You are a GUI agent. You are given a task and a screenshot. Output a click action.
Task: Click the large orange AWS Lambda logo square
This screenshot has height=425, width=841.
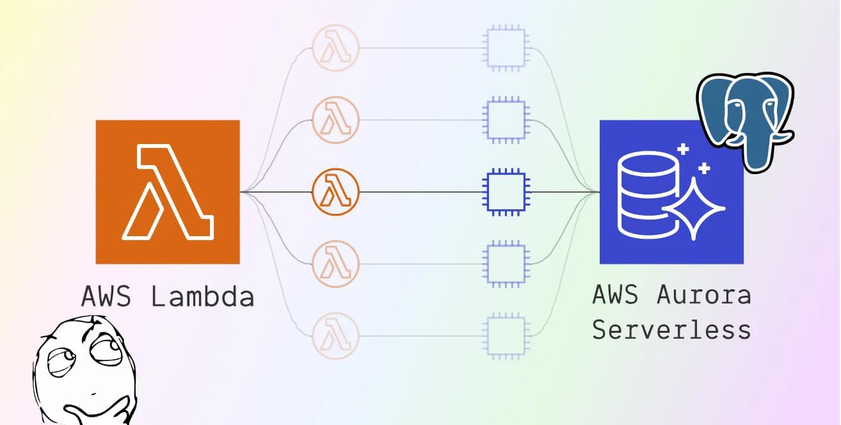[168, 191]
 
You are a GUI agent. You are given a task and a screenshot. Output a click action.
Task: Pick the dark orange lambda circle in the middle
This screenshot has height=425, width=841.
[336, 191]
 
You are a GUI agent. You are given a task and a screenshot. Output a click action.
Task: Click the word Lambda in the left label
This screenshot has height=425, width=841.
[203, 296]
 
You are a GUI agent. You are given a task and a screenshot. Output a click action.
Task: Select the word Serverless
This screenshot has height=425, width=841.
[671, 330]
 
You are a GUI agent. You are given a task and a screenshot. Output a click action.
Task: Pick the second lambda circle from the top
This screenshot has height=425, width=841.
[336, 119]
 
